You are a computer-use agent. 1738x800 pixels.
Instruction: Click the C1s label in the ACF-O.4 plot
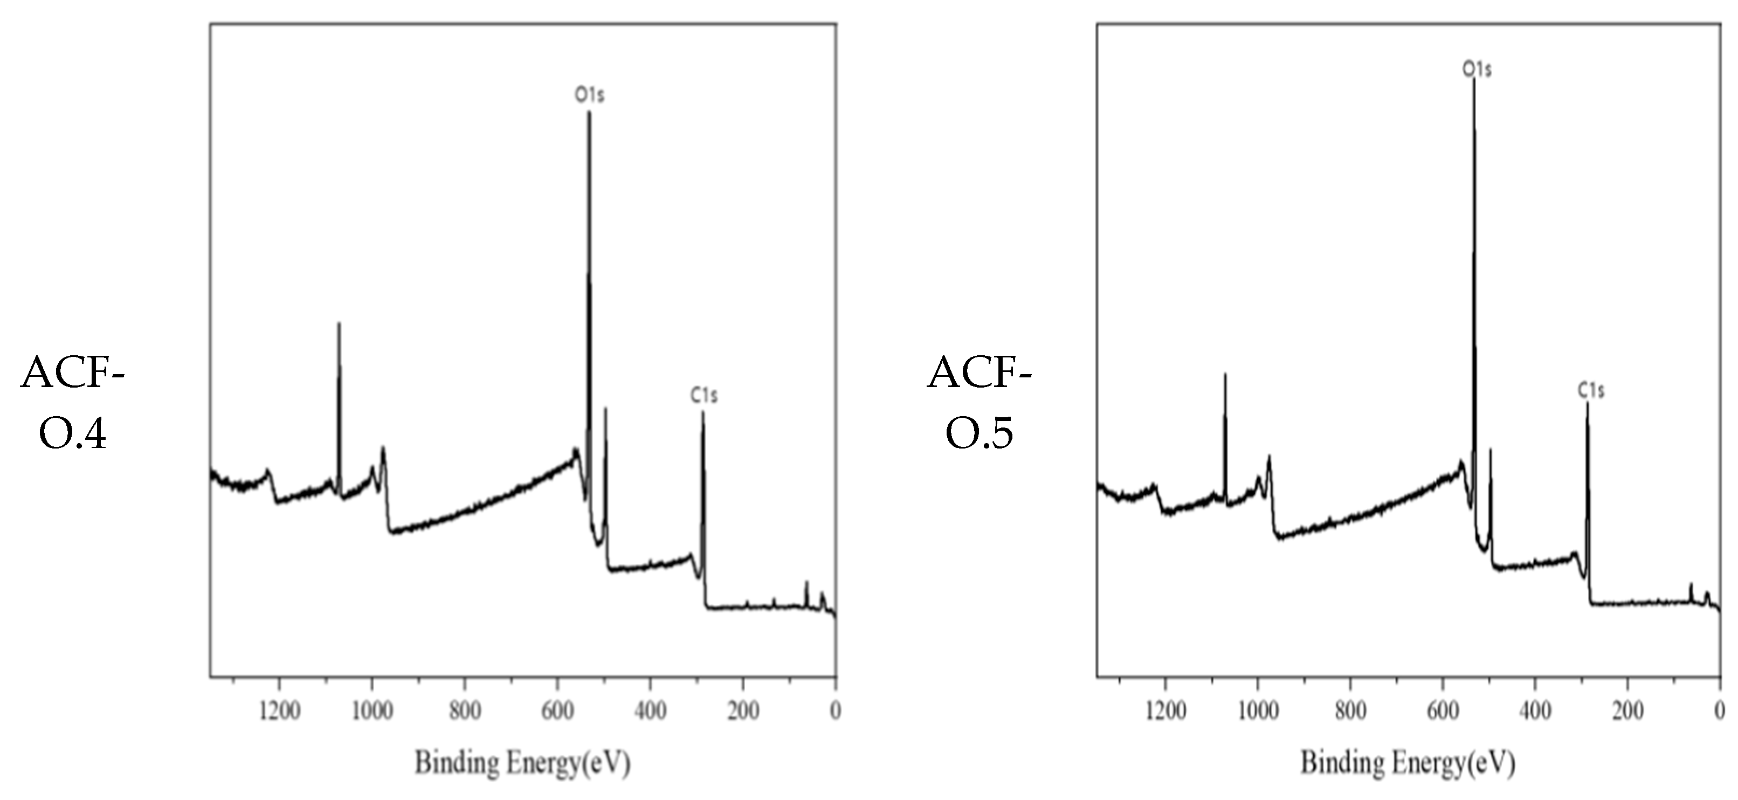pos(704,395)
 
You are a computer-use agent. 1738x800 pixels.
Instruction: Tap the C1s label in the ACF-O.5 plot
pos(1591,390)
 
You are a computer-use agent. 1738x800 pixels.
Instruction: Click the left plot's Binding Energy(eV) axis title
pos(522,763)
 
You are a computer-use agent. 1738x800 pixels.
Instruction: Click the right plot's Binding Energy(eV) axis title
pos(1408,763)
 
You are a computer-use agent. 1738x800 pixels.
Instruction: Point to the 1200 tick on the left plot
pos(280,711)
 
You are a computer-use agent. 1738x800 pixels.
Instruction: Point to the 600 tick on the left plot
pos(557,711)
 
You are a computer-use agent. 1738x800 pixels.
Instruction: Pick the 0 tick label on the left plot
pos(835,711)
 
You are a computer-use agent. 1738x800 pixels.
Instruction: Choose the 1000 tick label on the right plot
pos(1258,711)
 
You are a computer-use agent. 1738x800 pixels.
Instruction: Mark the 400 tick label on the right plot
pos(1535,711)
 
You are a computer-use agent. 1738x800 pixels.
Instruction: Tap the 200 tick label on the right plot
pos(1627,711)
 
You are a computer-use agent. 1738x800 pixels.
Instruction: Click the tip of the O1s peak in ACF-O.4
pos(589,113)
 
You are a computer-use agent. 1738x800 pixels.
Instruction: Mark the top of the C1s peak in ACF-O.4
pos(703,412)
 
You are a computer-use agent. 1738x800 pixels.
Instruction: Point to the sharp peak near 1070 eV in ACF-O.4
pos(339,324)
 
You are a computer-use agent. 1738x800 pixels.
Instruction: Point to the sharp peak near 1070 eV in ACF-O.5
pos(1225,374)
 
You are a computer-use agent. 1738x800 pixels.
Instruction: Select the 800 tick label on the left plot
pos(465,711)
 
